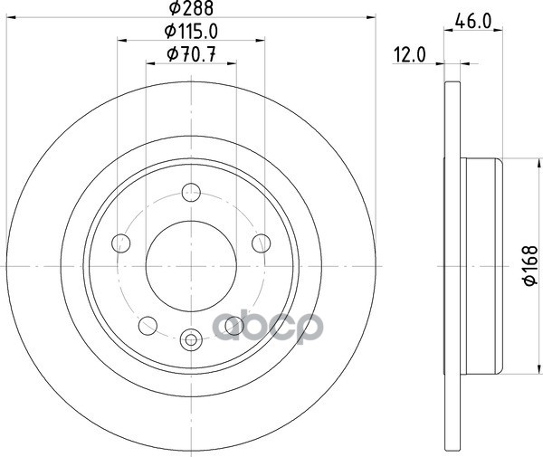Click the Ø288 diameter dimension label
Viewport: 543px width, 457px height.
[191, 8]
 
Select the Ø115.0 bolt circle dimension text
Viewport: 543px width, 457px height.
[191, 32]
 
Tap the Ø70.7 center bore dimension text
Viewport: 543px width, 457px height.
[191, 54]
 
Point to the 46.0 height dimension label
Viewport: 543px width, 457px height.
[473, 22]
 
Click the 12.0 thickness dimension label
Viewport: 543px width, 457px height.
[409, 55]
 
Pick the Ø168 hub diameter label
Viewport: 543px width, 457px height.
[530, 266]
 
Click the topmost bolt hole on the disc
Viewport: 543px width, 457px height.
[191, 193]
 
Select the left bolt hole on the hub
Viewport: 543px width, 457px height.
[121, 243]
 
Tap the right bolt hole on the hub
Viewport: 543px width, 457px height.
[262, 243]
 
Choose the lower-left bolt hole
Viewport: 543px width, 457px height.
[148, 326]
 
